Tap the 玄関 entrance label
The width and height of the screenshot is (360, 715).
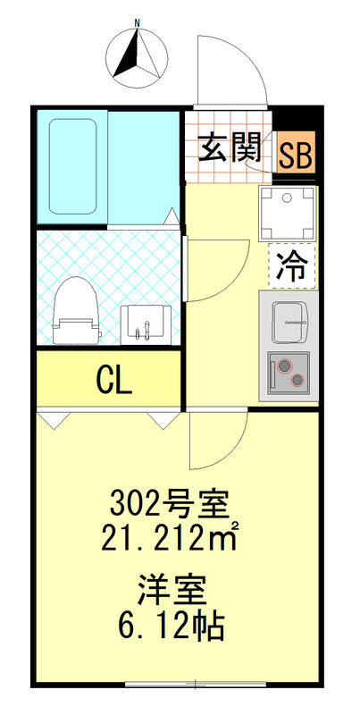[229, 148]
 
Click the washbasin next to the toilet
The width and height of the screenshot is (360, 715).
[144, 321]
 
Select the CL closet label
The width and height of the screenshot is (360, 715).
[113, 379]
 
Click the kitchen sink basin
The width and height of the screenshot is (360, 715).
[289, 319]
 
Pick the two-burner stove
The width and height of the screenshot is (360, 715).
[289, 372]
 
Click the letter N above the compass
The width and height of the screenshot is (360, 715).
[136, 20]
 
